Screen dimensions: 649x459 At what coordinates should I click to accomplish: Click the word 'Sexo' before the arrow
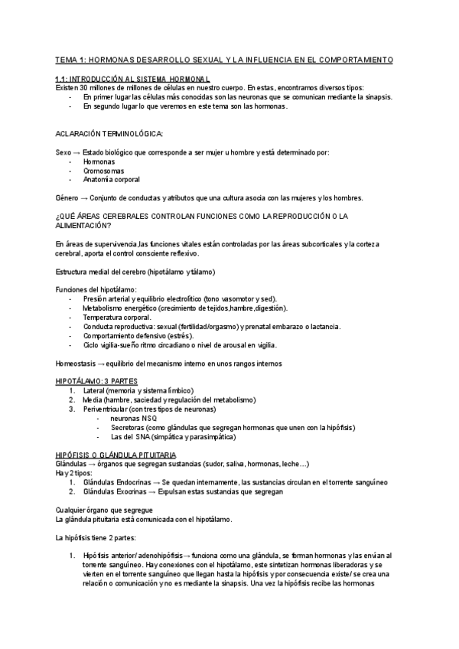pyautogui.click(x=64, y=152)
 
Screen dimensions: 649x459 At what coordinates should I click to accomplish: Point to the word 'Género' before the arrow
pyautogui.click(x=67, y=198)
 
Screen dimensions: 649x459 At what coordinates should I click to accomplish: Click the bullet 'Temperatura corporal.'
pyautogui.click(x=117, y=317)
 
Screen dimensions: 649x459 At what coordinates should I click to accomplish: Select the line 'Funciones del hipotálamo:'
pyautogui.click(x=96, y=289)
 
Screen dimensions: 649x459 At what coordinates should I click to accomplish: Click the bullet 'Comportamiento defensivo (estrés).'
pyautogui.click(x=138, y=335)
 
